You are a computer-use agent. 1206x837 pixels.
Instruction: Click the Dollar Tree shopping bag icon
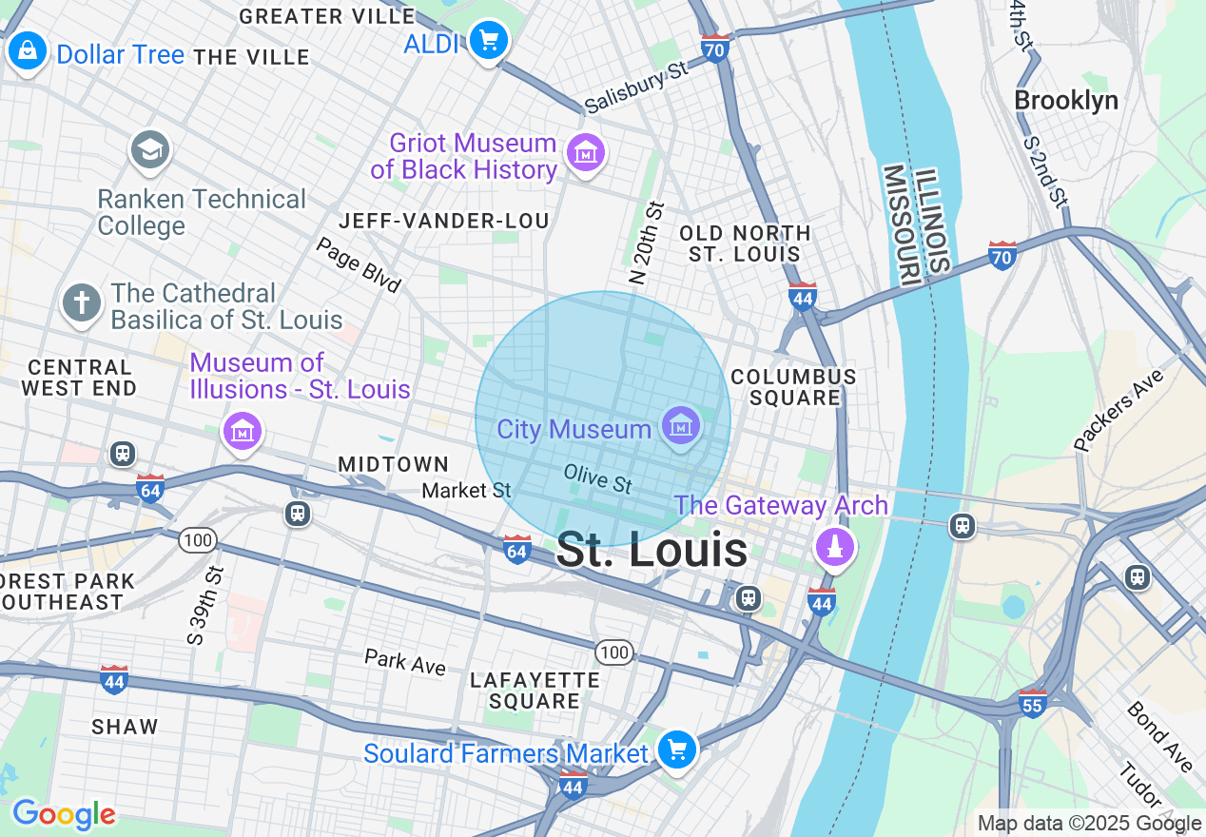(28, 50)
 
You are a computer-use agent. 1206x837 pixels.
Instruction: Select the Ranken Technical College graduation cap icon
(150, 149)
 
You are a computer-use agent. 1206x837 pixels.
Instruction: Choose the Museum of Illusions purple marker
(243, 431)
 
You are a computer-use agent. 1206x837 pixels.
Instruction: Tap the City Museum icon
(680, 425)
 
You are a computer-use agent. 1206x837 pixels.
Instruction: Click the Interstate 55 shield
(1032, 703)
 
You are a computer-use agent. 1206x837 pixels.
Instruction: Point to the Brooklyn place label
(1065, 101)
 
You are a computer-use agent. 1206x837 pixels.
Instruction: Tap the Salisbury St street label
(635, 88)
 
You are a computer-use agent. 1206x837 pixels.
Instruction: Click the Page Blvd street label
(359, 264)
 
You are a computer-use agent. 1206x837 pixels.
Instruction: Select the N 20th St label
(646, 243)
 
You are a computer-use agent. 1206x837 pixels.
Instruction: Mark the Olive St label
(597, 478)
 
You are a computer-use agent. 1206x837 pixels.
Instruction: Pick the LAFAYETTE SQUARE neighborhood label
(535, 691)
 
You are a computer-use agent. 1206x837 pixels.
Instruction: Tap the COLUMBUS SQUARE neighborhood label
(793, 387)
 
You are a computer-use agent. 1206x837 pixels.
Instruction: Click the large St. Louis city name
(652, 551)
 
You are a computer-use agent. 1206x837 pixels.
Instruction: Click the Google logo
(64, 814)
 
